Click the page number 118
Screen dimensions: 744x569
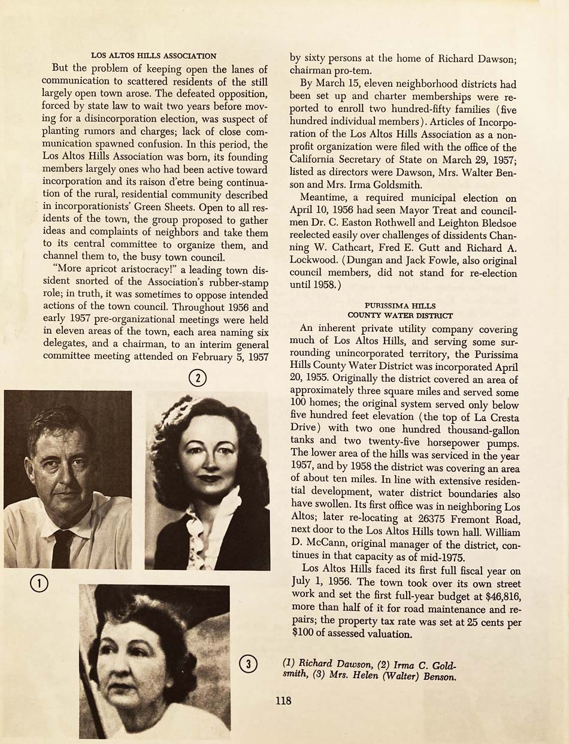coord(283,699)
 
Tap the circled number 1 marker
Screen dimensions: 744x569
coord(39,583)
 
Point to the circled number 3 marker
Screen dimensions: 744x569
coord(249,663)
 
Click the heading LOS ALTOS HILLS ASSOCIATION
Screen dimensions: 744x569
coord(153,56)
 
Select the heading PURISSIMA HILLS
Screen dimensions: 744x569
coord(400,306)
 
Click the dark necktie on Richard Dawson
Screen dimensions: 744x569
coord(62,548)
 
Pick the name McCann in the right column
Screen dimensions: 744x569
coord(328,545)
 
